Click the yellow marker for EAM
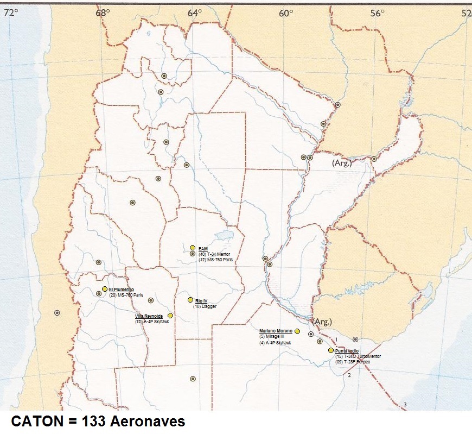pyautogui.click(x=193, y=248)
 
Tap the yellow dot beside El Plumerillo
pyautogui.click(x=105, y=289)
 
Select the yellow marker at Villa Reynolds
pyautogui.click(x=170, y=316)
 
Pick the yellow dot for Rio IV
pyautogui.click(x=190, y=300)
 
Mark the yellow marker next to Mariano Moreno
pyautogui.click(x=297, y=331)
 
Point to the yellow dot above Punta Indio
pyautogui.click(x=331, y=350)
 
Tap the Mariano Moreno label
pyautogui.click(x=276, y=331)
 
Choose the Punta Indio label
pyautogui.click(x=347, y=351)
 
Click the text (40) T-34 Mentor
pyautogui.click(x=214, y=254)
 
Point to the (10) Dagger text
pyautogui.click(x=206, y=306)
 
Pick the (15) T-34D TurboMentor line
pyautogui.click(x=358, y=356)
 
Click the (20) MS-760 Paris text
pyautogui.click(x=125, y=295)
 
